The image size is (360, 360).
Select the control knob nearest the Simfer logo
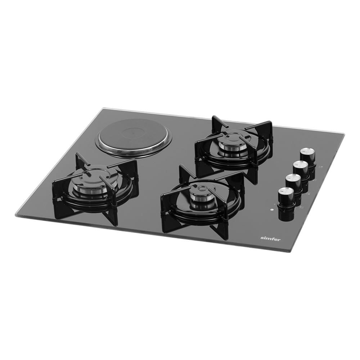[285, 196]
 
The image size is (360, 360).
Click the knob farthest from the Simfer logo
[308, 154]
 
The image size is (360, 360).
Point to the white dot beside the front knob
[272, 210]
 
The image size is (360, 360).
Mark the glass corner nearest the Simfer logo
[290, 251]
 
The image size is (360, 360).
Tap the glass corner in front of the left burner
[16, 215]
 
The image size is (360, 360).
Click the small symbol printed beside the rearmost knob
[320, 166]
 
